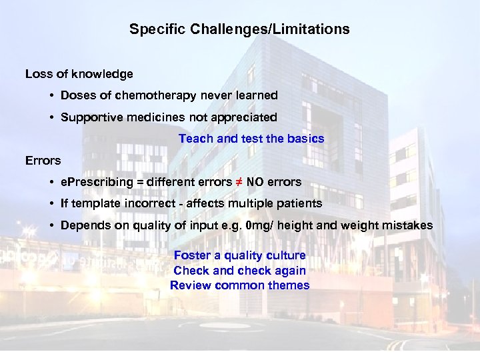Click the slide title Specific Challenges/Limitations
pyautogui.click(x=239, y=29)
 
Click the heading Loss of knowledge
pyautogui.click(x=79, y=74)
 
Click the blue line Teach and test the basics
pyautogui.click(x=251, y=139)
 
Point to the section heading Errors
pyautogui.click(x=43, y=160)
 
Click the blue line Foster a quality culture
pyautogui.click(x=239, y=255)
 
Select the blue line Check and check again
pyautogui.click(x=239, y=271)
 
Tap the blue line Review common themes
pyautogui.click(x=239, y=285)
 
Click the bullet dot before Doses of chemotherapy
pyautogui.click(x=51, y=96)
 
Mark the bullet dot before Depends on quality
pyautogui.click(x=51, y=225)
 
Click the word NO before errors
pyautogui.click(x=255, y=182)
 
